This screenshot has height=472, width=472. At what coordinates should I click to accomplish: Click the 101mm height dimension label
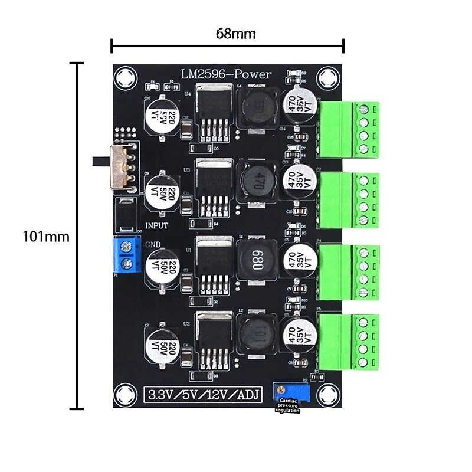click(x=46, y=237)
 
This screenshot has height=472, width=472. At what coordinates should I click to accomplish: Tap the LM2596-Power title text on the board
click(x=226, y=74)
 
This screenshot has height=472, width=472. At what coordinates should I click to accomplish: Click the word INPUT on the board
click(x=156, y=225)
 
